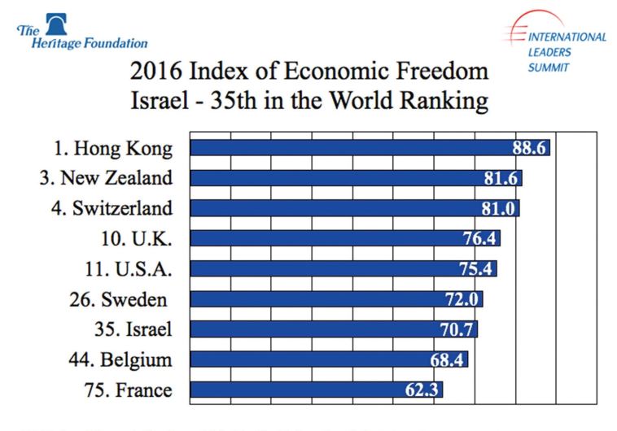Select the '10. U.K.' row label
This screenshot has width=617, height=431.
[141, 238]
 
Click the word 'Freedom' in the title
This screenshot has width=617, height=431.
[440, 72]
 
